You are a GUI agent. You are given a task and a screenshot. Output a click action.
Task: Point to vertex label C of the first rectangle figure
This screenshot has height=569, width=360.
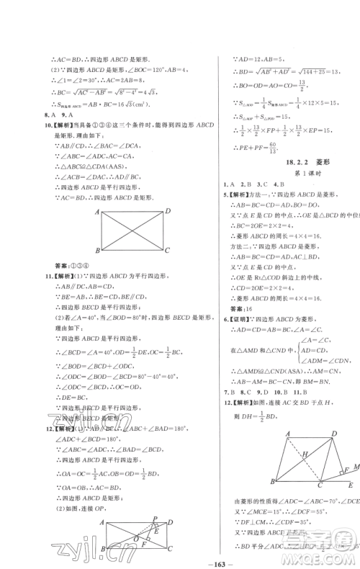coord(167,249)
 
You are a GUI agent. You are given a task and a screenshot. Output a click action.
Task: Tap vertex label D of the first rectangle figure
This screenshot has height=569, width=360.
coord(167,211)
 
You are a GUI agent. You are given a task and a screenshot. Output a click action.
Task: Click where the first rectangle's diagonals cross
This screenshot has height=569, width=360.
coord(132,230)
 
